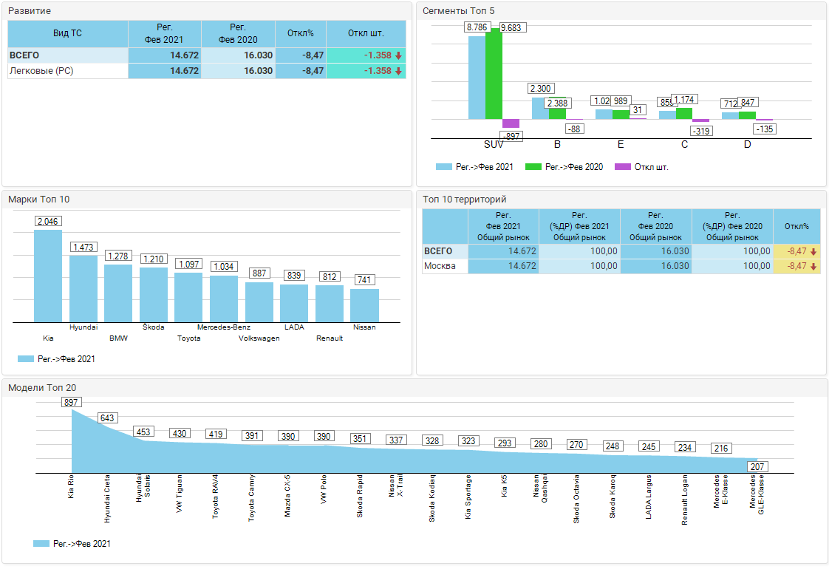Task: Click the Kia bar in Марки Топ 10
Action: [x=48, y=276]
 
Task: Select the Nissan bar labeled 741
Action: [x=364, y=305]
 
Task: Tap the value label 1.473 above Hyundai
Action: [x=83, y=247]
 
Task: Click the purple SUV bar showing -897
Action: [x=511, y=123]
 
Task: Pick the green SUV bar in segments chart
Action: [x=494, y=74]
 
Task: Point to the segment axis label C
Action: [x=684, y=144]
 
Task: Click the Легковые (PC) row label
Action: [x=41, y=71]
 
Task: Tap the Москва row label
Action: [x=440, y=266]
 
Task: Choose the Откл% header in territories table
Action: [x=796, y=226]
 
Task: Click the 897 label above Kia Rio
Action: [x=72, y=402]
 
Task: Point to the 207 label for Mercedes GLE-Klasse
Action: [x=757, y=466]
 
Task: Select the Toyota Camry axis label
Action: [x=252, y=500]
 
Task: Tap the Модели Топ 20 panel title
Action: [x=41, y=387]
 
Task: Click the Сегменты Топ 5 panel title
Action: [x=458, y=10]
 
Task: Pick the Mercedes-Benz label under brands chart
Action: [x=223, y=327]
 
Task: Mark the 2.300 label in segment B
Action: [x=541, y=89]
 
